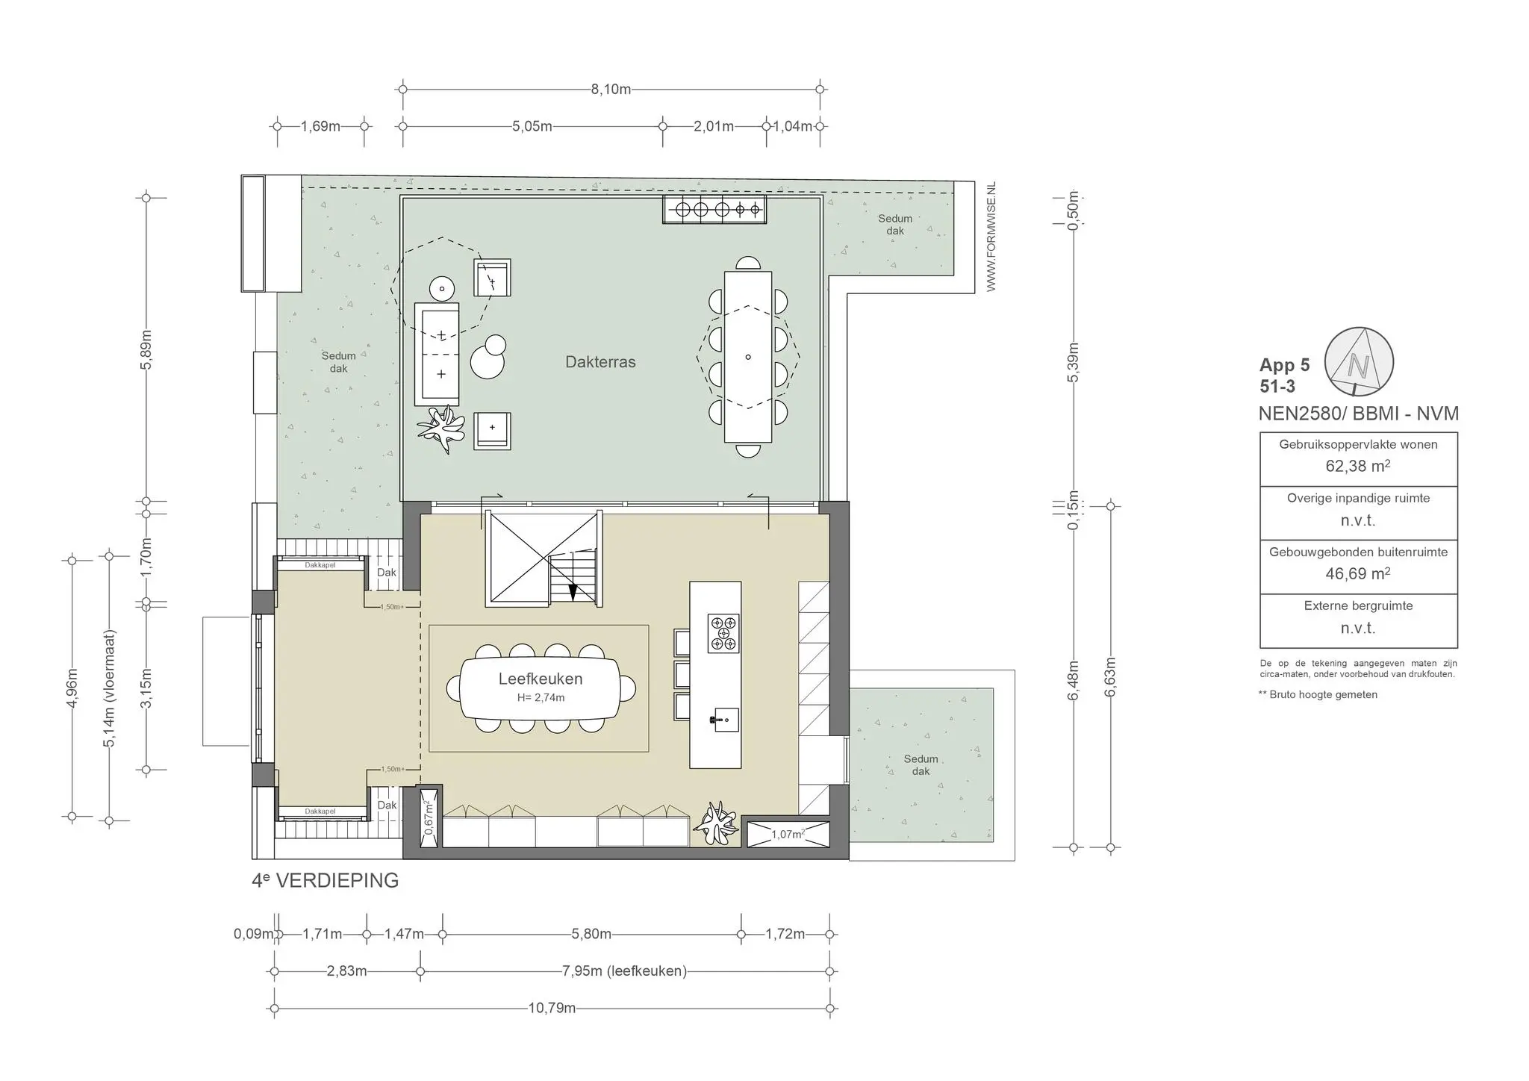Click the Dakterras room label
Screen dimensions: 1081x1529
[x=600, y=362]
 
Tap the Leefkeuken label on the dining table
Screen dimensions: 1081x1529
[x=541, y=679]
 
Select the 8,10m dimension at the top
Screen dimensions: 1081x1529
[x=611, y=90]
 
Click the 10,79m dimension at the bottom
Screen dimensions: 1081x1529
[x=552, y=1009]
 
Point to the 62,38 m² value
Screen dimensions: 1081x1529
[x=1357, y=466]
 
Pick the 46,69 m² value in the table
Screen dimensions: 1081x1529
[x=1357, y=574]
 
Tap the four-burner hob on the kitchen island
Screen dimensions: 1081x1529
[x=723, y=634]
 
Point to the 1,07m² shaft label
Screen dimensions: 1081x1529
[x=788, y=835]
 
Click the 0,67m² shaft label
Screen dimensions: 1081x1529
[x=429, y=818]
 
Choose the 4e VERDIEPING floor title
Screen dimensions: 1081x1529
[x=326, y=881]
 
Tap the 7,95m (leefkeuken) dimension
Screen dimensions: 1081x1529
[x=624, y=971]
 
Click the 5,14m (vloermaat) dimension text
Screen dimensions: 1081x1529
[x=110, y=688]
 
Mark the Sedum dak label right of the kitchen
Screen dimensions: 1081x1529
[x=921, y=764]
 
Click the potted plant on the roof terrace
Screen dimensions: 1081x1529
[x=440, y=429]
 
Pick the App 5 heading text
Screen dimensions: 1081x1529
[x=1284, y=365]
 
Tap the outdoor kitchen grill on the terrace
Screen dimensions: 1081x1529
[x=714, y=210]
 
